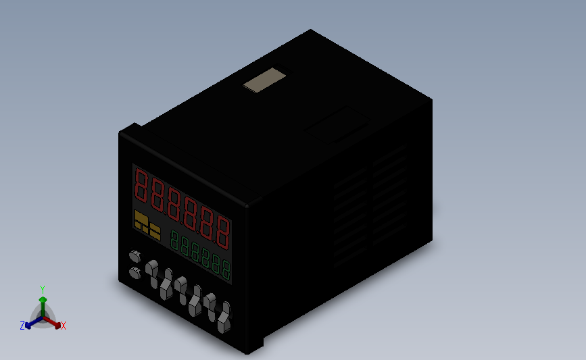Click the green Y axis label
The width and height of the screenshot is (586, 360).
[x=42, y=289]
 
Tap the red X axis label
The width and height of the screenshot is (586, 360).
[x=64, y=326]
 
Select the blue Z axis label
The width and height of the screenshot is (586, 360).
[x=22, y=326]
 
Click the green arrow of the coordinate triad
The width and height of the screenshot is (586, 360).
[x=43, y=303]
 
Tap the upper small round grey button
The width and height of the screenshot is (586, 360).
[x=135, y=256]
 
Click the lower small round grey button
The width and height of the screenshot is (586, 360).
[x=134, y=273]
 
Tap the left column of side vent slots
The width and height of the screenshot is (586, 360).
[x=350, y=216]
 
